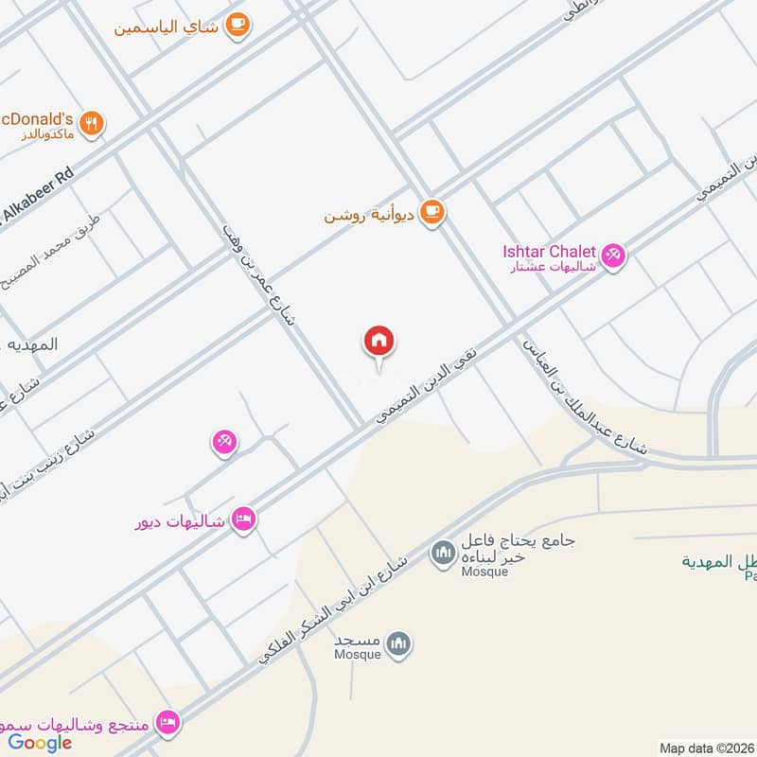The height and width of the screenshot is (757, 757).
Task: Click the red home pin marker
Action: click(379, 342)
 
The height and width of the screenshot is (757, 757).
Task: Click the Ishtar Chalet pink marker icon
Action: click(613, 255)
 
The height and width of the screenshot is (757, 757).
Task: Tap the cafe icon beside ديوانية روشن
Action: click(432, 212)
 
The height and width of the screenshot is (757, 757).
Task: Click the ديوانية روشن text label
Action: click(370, 215)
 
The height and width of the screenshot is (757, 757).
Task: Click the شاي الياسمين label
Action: click(167, 26)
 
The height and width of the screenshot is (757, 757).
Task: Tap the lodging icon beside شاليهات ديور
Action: click(243, 519)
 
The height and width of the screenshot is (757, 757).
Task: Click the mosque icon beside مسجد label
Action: click(400, 644)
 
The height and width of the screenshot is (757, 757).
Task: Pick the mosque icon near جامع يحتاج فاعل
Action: click(442, 553)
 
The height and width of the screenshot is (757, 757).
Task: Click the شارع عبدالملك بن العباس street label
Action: click(582, 397)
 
